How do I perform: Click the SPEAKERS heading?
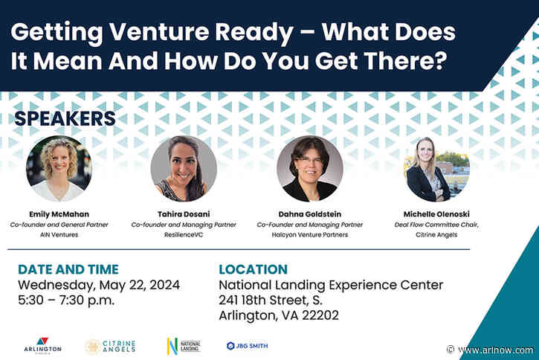coord(65,119)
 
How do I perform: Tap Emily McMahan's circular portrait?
coord(59,169)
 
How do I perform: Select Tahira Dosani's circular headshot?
coord(184,169)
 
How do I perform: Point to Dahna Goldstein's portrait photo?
coord(309,169)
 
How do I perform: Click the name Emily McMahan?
coord(59,213)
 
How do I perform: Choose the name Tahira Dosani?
coord(184,213)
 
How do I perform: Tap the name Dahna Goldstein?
coord(309,213)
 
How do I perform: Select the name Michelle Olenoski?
coord(436,213)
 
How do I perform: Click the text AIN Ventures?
coord(59,234)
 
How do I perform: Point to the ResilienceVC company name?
coord(184,234)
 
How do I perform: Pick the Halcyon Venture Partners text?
coord(309,234)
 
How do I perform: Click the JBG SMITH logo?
coord(248,345)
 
